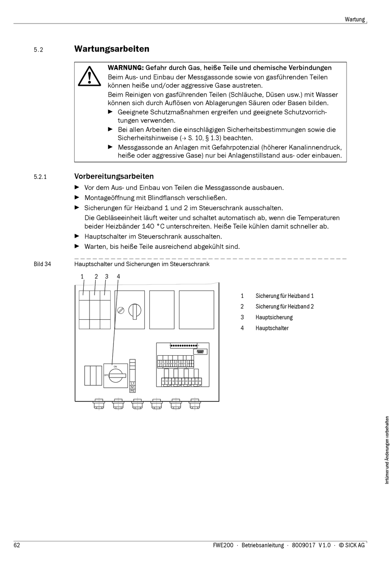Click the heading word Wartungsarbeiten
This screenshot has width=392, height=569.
[x=111, y=49]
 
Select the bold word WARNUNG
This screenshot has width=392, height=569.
[x=125, y=68]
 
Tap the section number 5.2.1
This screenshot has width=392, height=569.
[x=40, y=177]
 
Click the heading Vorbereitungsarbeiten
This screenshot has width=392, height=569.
[x=114, y=176]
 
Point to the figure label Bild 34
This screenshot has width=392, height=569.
[x=42, y=264]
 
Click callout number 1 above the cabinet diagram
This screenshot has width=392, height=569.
[x=82, y=276]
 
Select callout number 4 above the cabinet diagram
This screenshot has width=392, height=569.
[x=118, y=276]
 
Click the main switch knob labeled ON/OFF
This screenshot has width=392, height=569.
[x=116, y=376]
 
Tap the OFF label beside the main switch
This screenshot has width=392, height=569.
[x=106, y=375]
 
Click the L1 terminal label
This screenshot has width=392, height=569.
[x=132, y=383]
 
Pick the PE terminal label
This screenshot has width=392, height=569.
[x=132, y=390]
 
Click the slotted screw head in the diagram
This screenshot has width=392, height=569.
[x=121, y=310]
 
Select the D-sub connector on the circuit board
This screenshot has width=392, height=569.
[x=200, y=352]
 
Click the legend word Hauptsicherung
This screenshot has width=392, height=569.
[x=274, y=317]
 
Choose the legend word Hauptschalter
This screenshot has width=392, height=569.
[x=272, y=328]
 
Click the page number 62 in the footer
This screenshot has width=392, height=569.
[x=17, y=545]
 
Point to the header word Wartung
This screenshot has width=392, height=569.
[x=354, y=19]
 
